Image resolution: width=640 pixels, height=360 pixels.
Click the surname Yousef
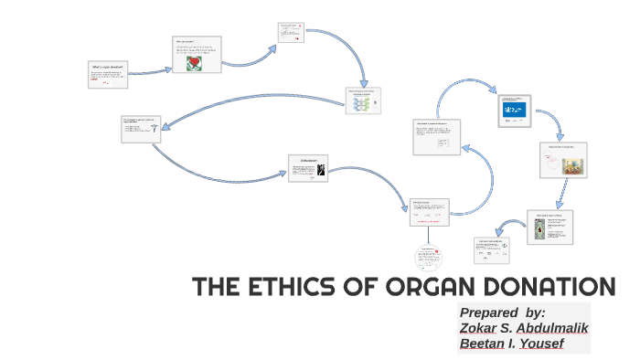(x=541, y=344)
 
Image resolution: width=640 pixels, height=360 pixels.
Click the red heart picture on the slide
(x=194, y=63)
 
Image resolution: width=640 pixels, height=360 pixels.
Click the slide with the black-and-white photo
(x=308, y=168)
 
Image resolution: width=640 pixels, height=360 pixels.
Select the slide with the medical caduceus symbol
(x=141, y=129)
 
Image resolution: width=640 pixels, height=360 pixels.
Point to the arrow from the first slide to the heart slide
(x=150, y=70)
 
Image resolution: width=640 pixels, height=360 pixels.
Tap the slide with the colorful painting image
(x=563, y=161)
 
